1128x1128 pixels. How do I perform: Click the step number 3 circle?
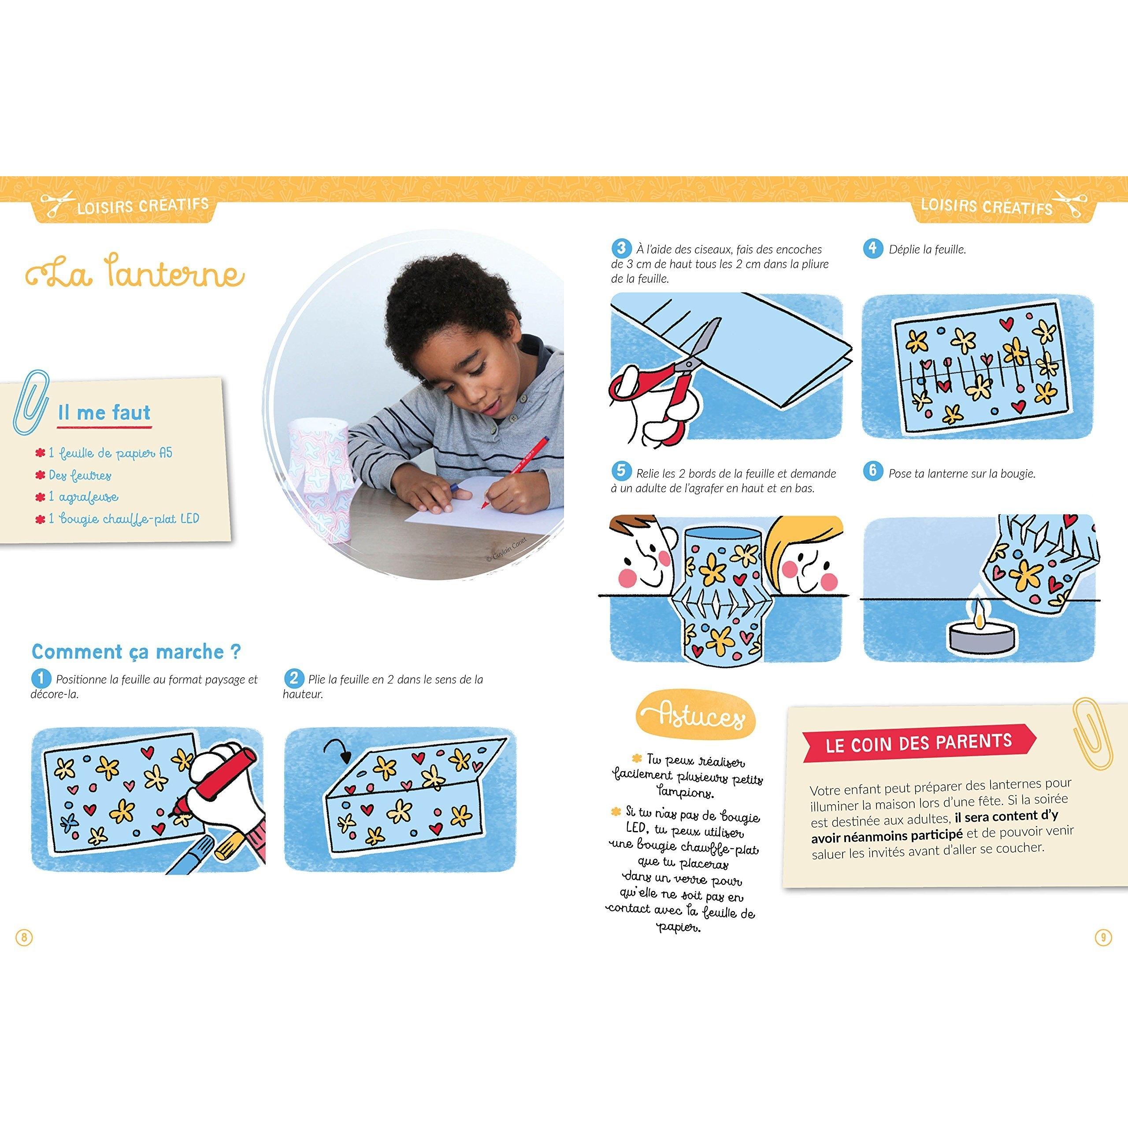click(x=621, y=248)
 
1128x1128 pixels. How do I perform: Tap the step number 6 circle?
click(x=872, y=471)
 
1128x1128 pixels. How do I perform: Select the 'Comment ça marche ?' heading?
click(x=136, y=652)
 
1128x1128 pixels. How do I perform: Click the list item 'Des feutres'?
click(x=74, y=475)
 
